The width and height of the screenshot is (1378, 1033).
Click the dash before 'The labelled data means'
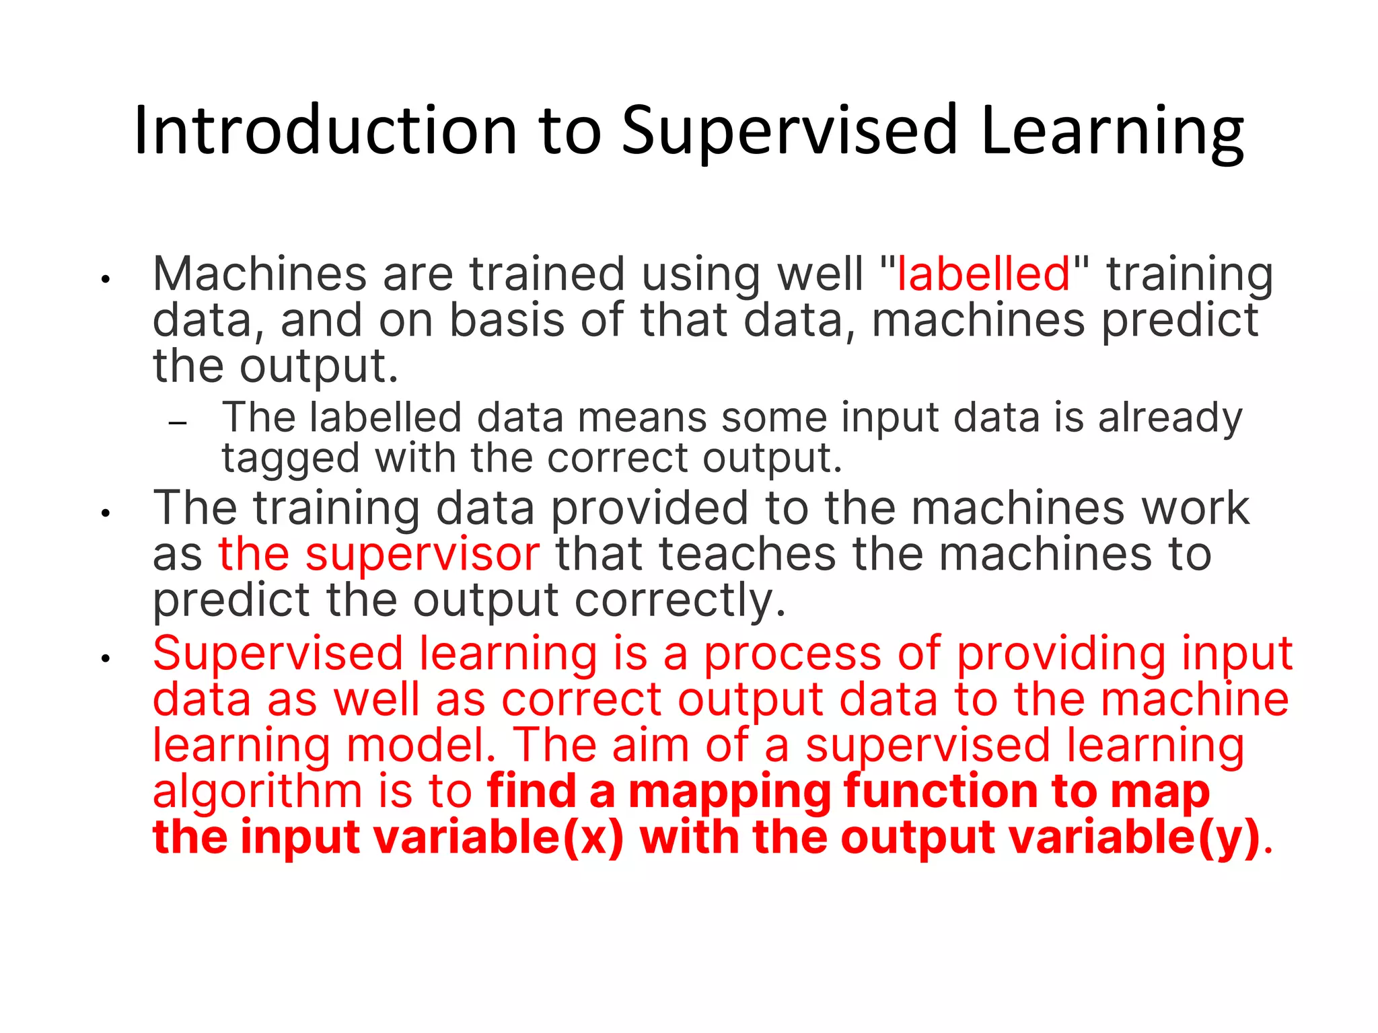(x=178, y=424)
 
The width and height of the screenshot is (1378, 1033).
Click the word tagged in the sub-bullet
(x=291, y=459)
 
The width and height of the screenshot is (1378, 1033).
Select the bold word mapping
(x=729, y=792)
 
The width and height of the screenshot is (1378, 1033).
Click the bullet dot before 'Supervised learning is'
(x=106, y=659)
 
